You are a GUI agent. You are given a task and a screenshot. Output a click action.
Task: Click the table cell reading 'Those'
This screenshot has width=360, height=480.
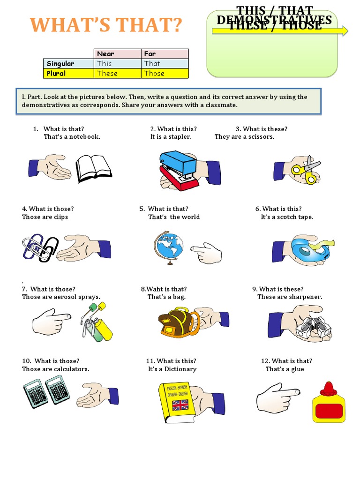(x=154, y=74)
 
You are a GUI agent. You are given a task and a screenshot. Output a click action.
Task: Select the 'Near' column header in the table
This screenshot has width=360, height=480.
(x=105, y=54)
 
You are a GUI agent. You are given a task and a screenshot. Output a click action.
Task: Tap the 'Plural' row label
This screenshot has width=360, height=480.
(x=56, y=74)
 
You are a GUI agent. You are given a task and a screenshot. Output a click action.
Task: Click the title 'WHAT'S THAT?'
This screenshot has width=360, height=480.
(x=105, y=25)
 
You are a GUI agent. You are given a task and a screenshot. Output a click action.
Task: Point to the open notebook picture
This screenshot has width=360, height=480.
(x=94, y=169)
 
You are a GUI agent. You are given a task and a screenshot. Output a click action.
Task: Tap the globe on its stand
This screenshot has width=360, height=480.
(x=167, y=247)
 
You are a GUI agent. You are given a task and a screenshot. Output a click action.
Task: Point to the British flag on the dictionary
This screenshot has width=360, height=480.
(x=180, y=405)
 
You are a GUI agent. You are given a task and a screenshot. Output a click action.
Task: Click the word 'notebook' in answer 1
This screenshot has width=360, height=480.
(x=85, y=137)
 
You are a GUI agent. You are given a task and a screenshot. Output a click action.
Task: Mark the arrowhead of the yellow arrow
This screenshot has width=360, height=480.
(x=345, y=31)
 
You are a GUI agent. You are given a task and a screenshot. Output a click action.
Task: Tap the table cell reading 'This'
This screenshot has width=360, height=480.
(x=105, y=64)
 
